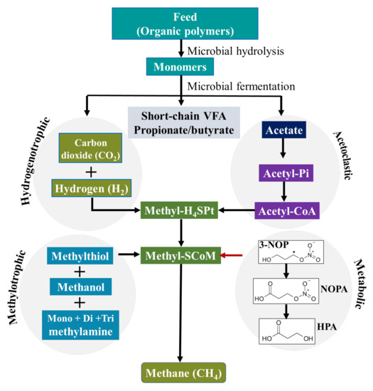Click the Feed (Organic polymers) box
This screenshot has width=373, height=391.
pyautogui.click(x=186, y=23)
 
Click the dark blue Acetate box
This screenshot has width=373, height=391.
pyautogui.click(x=283, y=131)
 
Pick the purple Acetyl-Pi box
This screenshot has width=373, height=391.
pyautogui.click(x=283, y=173)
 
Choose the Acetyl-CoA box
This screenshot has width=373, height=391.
pyautogui.click(x=283, y=211)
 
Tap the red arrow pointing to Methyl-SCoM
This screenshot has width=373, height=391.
pyautogui.click(x=230, y=254)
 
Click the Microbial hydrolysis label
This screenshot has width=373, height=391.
pyautogui.click(x=231, y=50)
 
